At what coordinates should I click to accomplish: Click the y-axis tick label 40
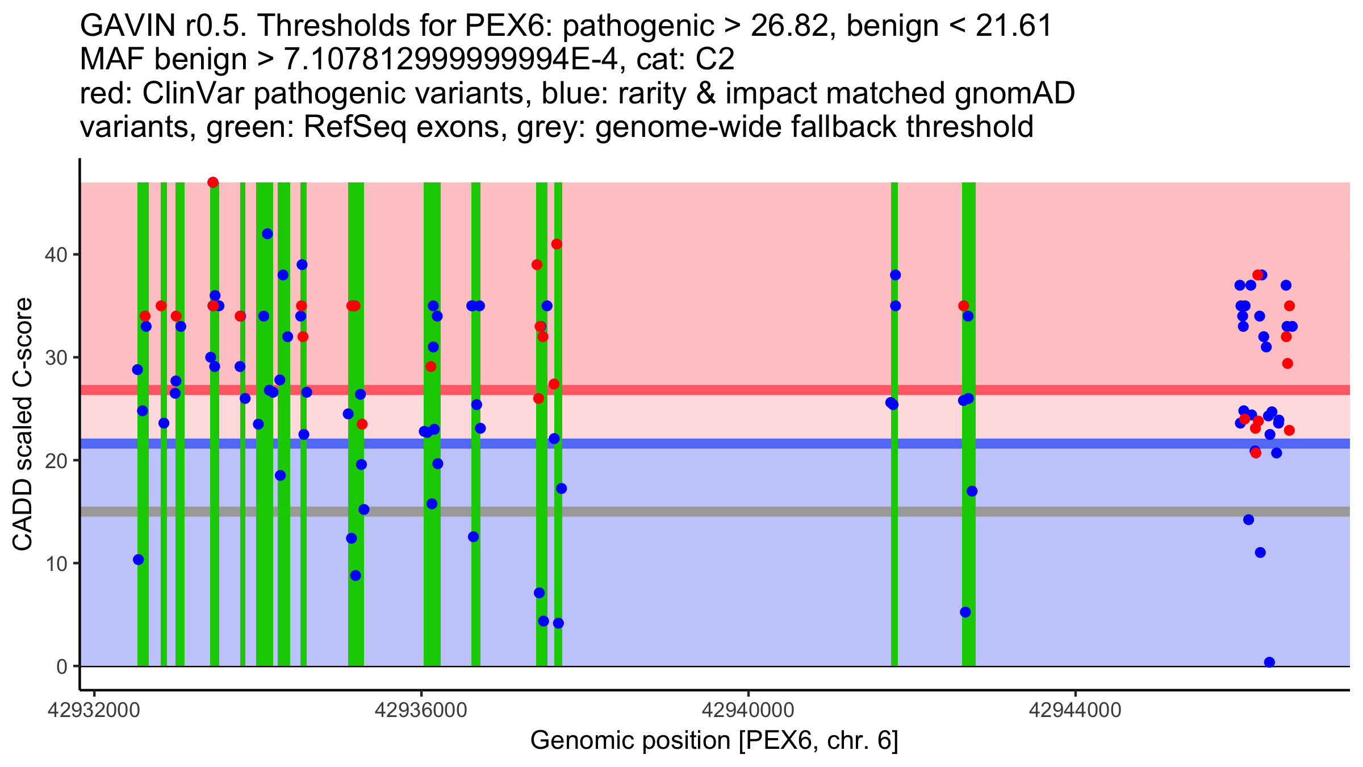tap(55, 255)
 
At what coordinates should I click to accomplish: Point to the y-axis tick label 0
tap(61, 666)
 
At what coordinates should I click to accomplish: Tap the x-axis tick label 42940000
tap(749, 710)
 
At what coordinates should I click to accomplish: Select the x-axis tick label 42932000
tap(94, 710)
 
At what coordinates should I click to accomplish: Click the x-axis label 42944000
tap(1075, 710)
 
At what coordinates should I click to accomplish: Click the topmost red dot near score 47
tap(213, 182)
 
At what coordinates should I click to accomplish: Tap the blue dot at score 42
tap(267, 234)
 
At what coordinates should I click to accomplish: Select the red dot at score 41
tap(557, 244)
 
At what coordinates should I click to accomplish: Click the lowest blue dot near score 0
tap(1269, 662)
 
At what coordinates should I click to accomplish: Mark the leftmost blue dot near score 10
tap(139, 560)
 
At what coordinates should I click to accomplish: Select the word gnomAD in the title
tap(1014, 93)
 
